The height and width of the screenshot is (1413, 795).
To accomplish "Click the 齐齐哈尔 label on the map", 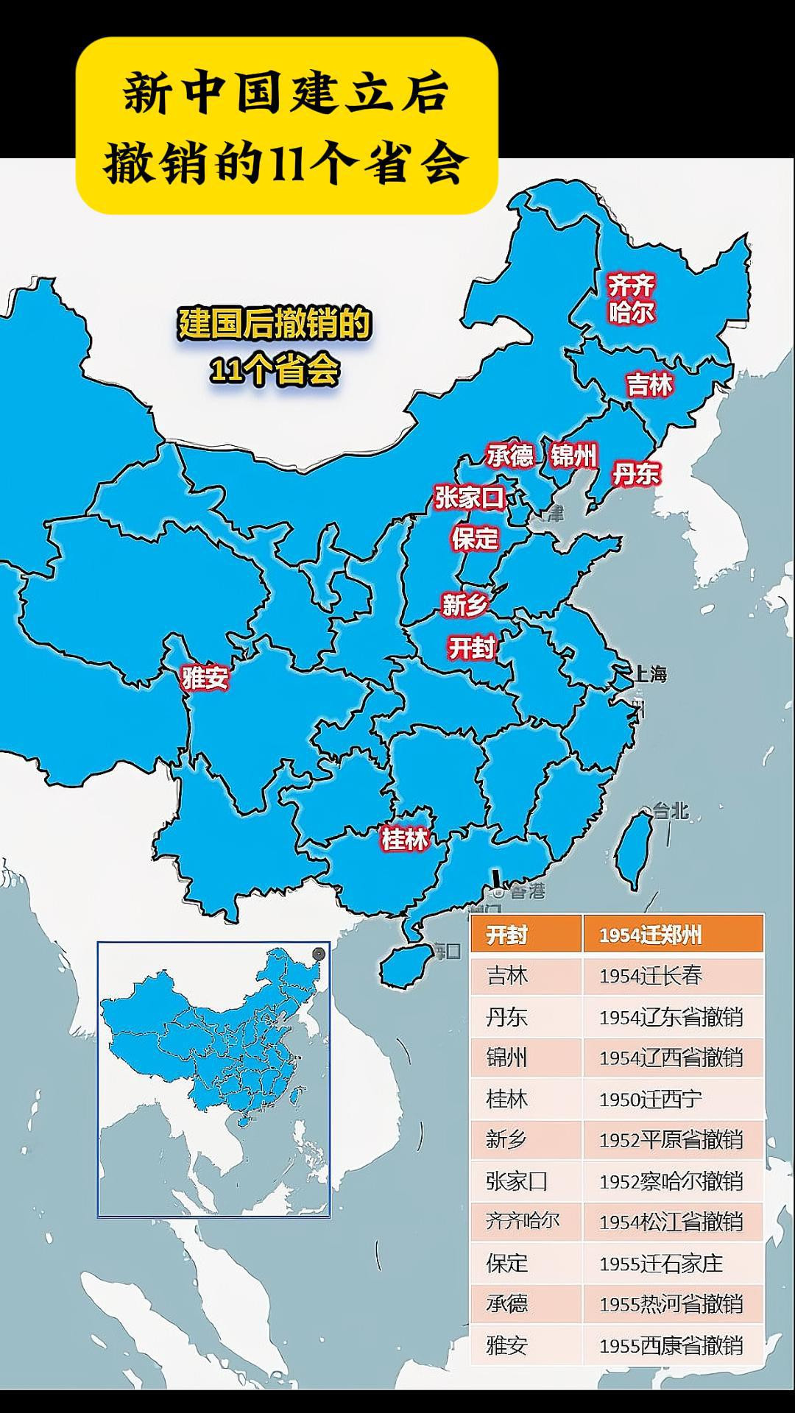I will [x=631, y=299].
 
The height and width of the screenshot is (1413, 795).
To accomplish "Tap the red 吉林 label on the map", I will [x=649, y=384].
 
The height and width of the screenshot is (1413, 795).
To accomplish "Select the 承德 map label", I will [x=509, y=456].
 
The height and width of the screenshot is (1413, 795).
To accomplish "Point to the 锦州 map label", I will [x=573, y=456].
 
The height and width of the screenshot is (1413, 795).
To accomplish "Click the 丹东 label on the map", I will [x=636, y=473].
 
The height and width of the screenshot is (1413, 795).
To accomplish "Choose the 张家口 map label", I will [x=469, y=498].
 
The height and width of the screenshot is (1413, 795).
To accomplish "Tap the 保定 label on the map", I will [x=475, y=538].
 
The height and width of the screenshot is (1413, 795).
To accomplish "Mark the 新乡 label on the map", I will [x=464, y=605].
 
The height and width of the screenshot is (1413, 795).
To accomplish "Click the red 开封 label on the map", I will [x=471, y=648].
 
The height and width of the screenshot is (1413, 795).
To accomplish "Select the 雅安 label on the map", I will [x=205, y=677].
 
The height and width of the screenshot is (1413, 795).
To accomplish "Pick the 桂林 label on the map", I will [x=404, y=838].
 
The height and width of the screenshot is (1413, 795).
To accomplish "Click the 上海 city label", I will [x=651, y=673].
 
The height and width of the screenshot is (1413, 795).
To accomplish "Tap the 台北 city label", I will [x=670, y=811].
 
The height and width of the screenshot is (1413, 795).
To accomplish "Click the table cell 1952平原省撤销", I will [x=671, y=1140].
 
